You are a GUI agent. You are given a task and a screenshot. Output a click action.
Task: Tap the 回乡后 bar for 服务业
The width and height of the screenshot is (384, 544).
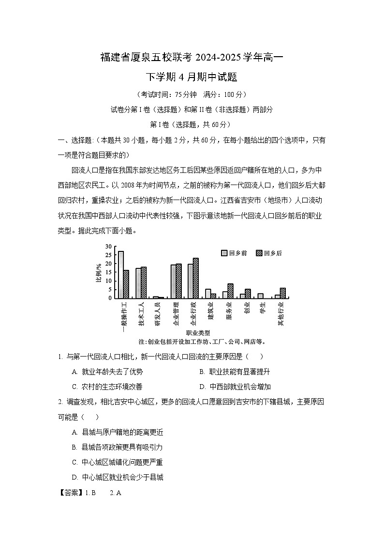click(230, 291)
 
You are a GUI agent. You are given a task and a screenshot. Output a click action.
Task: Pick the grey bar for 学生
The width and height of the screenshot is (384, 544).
click(260, 295)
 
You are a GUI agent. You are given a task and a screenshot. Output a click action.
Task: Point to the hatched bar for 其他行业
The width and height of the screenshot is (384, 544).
click(282, 293)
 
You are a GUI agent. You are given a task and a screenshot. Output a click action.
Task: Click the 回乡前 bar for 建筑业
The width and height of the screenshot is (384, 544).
click(208, 294)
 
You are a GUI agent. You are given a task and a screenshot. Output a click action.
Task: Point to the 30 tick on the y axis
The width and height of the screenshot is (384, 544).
click(109, 247)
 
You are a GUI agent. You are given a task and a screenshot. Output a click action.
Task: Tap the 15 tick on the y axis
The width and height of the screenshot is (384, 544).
click(109, 272)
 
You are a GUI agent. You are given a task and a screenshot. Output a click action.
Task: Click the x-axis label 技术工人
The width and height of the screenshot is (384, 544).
click(142, 314)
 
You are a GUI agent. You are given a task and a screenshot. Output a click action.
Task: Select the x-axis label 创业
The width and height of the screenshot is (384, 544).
click(247, 308)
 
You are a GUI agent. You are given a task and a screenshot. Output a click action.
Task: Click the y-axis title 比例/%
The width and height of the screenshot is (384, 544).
click(99, 273)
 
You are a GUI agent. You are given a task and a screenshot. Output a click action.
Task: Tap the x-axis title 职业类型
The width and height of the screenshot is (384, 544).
click(198, 333)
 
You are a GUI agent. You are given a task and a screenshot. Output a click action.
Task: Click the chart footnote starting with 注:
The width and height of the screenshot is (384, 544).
click(202, 342)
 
